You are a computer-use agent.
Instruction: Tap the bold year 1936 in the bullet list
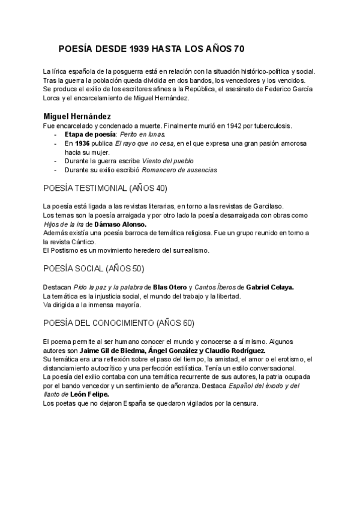click(82, 144)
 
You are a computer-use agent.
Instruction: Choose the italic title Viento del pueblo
click(169, 161)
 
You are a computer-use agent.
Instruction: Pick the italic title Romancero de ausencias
click(180, 170)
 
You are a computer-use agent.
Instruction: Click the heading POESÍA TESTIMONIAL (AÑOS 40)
click(106, 188)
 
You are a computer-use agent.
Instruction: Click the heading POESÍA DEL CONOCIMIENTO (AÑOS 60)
click(119, 323)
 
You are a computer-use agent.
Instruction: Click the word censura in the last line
click(244, 403)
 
